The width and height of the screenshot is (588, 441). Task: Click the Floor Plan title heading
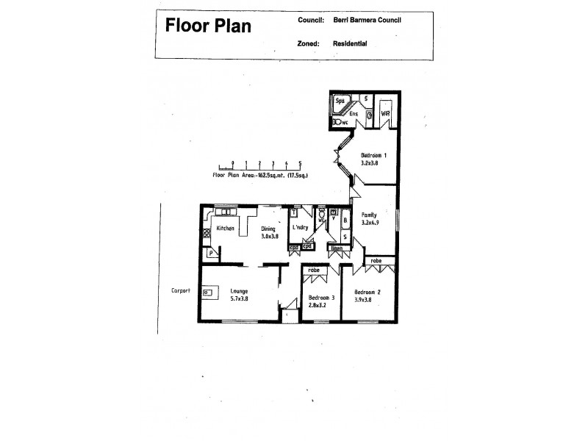pos(208,26)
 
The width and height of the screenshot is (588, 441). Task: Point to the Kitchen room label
pos(225,229)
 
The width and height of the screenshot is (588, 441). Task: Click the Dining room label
pos(269,229)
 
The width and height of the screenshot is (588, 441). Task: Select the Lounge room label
pos(239,291)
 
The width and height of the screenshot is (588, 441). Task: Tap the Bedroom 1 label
pos(374,156)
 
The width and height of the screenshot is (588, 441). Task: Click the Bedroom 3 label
pos(321,297)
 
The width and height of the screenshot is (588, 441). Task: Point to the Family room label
pos(369,215)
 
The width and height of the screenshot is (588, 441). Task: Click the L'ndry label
pos(301,228)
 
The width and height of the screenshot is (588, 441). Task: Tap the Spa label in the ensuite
pos(340,101)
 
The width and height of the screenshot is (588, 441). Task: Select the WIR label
pos(385,114)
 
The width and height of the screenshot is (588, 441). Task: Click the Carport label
pos(180,291)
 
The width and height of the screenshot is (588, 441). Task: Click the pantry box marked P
pos(211,254)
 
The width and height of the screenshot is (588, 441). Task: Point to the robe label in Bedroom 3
pos(314,270)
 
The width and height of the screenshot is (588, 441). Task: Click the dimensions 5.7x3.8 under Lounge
pos(240,299)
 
